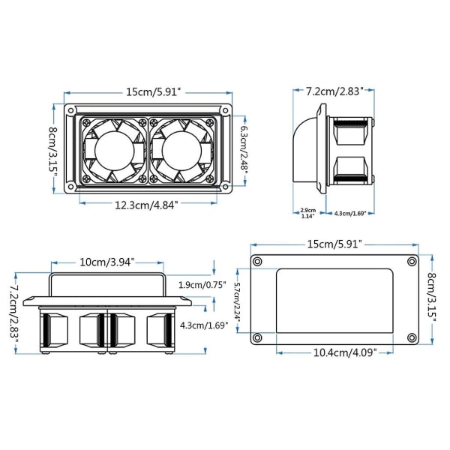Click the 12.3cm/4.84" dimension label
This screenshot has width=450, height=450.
tap(146, 205)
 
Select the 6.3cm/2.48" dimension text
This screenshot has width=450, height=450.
tap(244, 150)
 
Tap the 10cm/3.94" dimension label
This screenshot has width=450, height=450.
tap(106, 262)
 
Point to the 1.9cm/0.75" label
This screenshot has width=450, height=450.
tap(202, 285)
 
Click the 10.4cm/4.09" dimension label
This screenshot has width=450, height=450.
tap(345, 352)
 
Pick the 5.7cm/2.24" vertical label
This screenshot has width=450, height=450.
tap(237, 301)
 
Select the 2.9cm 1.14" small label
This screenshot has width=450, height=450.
tap(308, 213)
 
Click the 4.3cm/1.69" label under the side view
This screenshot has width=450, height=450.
tap(350, 213)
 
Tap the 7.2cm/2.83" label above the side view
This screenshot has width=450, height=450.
tap(334, 91)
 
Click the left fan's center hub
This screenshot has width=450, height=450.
tap(115, 151)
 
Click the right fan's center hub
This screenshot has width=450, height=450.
tap(181, 151)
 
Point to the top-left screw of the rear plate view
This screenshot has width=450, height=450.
tap(257, 262)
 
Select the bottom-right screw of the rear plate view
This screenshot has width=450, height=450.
tap(412, 337)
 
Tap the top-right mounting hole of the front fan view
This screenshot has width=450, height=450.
tap(226, 110)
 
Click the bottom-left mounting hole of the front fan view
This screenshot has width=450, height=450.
tap(70, 187)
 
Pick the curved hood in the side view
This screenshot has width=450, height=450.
tap(305, 149)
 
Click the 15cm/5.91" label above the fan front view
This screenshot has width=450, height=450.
tap(154, 92)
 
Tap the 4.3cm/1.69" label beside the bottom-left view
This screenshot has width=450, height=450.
tap(204, 325)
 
